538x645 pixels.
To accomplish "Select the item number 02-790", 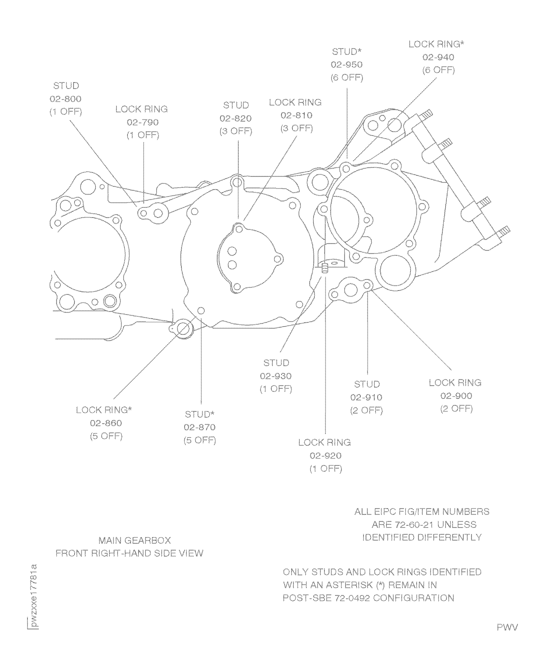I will point(143,122).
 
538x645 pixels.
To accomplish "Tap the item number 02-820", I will point(236,118).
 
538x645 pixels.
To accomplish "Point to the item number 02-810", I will point(296,116).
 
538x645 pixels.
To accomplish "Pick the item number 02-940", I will point(438,57).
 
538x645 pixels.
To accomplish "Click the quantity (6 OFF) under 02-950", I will point(347,78).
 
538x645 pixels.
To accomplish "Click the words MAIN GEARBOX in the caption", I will point(135,540).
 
